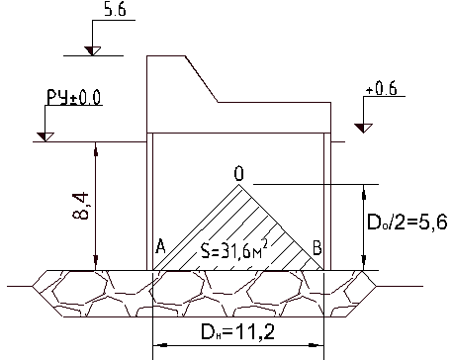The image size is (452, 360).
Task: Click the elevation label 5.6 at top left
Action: click(115, 10)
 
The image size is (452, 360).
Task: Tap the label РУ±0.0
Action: click(73, 97)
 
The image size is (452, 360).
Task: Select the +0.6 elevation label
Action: click(382, 88)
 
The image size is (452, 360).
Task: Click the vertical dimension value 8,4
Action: click(81, 206)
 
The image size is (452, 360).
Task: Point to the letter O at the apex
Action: click(239, 174)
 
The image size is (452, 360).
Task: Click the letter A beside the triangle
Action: click(160, 246)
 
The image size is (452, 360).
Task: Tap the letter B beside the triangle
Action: click(316, 247)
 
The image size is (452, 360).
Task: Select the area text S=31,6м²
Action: click(233, 251)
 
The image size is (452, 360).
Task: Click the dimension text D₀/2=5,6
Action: click(407, 222)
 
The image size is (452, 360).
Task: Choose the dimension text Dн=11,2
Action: click(237, 332)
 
